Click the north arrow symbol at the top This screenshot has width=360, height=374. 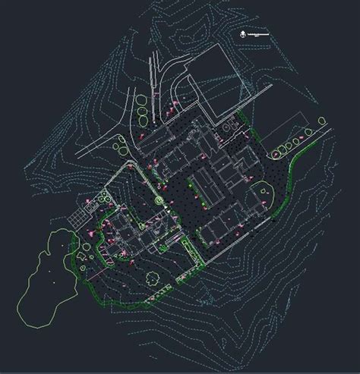[x=241, y=33]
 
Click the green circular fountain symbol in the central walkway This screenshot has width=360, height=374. [x=158, y=200]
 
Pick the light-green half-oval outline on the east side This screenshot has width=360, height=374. [x=267, y=195]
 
